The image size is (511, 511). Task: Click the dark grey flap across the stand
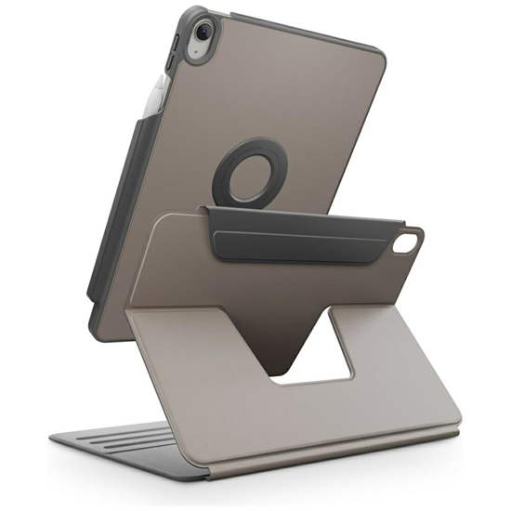click(x=307, y=232)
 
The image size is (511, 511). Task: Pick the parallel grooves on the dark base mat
click(x=111, y=446)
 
